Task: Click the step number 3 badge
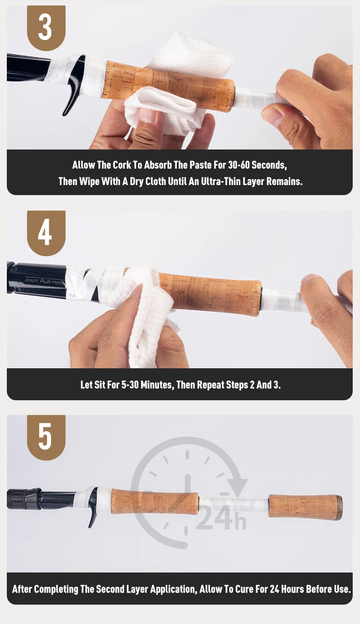click(46, 28)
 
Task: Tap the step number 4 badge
click(46, 233)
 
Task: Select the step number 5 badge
click(46, 437)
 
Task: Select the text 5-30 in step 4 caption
click(130, 385)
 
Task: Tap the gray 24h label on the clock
click(221, 518)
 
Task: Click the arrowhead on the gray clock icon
click(237, 487)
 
